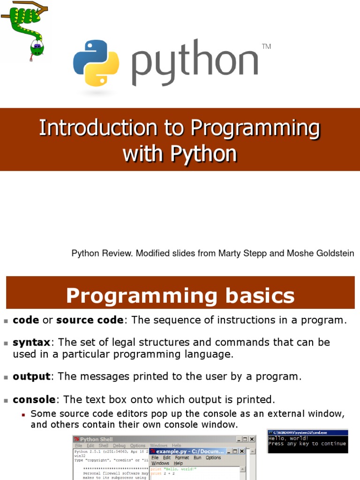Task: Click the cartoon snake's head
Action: coord(37,47)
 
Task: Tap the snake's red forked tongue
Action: coord(32,58)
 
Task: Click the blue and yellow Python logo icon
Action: coord(96,63)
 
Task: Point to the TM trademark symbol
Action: coord(266,46)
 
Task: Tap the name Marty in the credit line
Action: coord(229,254)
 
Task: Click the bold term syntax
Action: coord(31,342)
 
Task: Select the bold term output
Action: coord(31,376)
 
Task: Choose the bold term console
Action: coord(34,400)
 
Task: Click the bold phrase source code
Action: coord(90,320)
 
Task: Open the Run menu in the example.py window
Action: coord(197,457)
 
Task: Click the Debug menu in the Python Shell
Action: coord(119,446)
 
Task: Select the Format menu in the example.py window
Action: coord(182,457)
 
